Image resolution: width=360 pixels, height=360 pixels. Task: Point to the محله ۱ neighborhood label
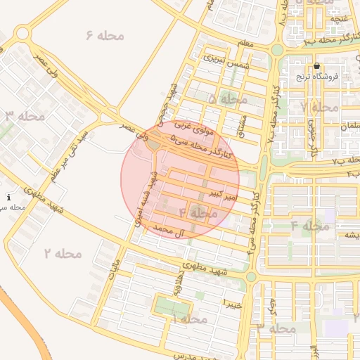(188, 319)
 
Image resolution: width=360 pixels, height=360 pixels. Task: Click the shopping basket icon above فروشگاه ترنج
(316, 65)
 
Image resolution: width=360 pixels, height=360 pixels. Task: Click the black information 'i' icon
(8, 198)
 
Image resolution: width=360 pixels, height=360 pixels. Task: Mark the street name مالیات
(115, 268)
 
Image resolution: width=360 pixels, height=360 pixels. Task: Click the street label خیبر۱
(233, 302)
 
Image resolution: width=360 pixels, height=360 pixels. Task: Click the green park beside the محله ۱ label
(169, 307)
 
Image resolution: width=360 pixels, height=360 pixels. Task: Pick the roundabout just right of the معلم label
(277, 50)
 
